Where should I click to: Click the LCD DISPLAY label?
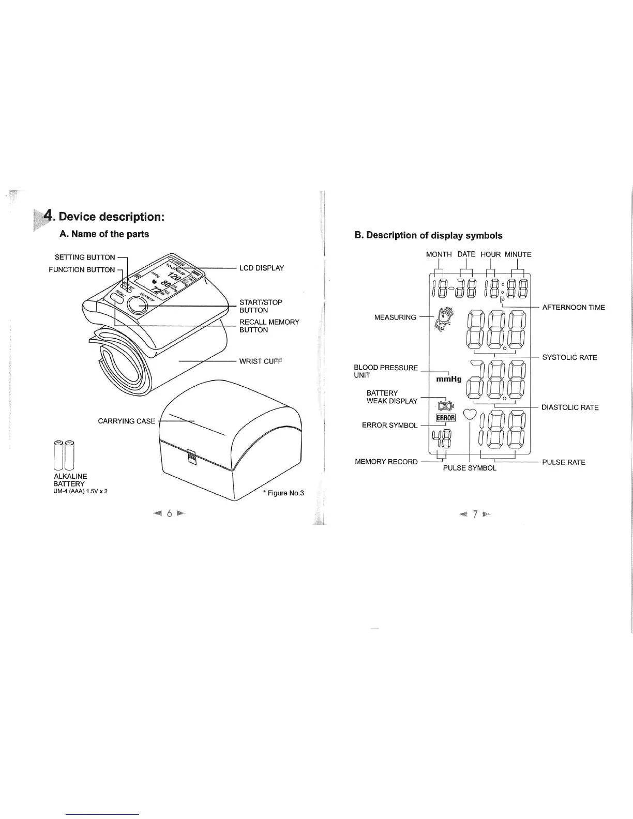pos(261,268)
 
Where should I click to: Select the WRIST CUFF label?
pos(261,361)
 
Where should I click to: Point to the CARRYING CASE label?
pos(127,421)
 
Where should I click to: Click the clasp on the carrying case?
pos(192,458)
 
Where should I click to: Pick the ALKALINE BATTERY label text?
pos(70,480)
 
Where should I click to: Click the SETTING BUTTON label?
pos(85,257)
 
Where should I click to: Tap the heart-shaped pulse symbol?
pos(470,414)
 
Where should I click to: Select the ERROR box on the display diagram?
pos(445,418)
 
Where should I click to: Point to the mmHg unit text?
pos(448,379)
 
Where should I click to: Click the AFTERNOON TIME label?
pos(574,307)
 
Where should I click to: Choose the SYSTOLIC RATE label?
pos(569,357)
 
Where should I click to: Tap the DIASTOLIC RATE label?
pos(570,407)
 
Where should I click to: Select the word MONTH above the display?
pos(439,254)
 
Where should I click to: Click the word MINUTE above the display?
pos(518,254)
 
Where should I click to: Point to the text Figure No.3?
pos(283,493)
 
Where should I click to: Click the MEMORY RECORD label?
pos(386,462)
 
